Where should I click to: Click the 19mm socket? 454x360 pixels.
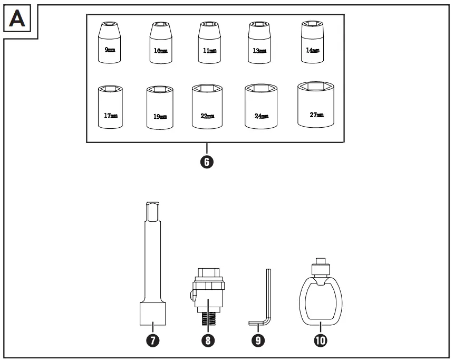pyautogui.click(x=160, y=109)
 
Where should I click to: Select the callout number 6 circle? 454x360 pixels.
pyautogui.click(x=207, y=162)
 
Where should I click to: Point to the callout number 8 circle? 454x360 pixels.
pyautogui.click(x=208, y=340)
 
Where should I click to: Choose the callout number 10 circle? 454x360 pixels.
pyautogui.click(x=319, y=340)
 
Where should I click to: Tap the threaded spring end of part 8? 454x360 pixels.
pyautogui.click(x=208, y=320)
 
